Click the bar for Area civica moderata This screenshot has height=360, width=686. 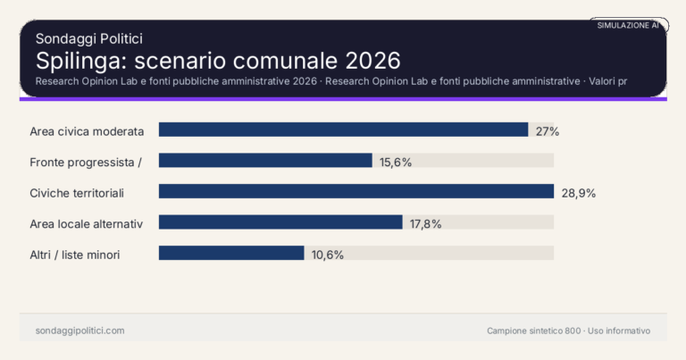(x=343, y=130)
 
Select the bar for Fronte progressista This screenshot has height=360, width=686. (x=265, y=161)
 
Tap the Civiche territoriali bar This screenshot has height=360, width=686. (x=356, y=191)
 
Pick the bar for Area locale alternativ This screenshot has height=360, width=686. (x=280, y=222)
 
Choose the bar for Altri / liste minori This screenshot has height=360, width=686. (x=231, y=253)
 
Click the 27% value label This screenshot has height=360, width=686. (x=548, y=131)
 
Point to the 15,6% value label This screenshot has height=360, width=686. (x=396, y=162)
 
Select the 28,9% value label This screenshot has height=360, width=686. (x=578, y=193)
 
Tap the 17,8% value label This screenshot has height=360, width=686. (x=426, y=223)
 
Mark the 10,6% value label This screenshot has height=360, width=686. (x=328, y=255)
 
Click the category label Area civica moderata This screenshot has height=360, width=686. (x=87, y=131)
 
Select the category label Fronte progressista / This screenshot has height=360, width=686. (x=87, y=162)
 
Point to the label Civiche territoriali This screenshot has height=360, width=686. (x=77, y=193)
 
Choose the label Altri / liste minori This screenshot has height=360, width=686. (x=75, y=255)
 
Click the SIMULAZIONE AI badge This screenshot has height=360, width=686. (x=628, y=25)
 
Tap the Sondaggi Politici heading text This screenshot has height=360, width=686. (x=89, y=38)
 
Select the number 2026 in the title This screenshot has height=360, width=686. (x=368, y=61)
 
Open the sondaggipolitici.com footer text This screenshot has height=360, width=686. (x=79, y=331)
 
